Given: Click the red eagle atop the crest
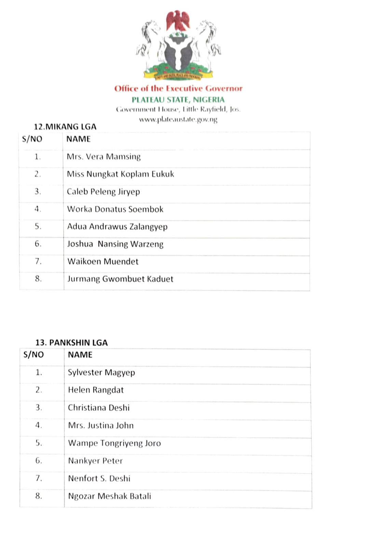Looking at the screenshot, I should point(178,21).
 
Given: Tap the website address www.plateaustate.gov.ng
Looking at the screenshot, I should point(178,120).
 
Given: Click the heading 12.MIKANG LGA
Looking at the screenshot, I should point(65,127).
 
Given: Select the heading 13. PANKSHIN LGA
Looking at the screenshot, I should point(71,343).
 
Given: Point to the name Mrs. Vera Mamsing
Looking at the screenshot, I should point(104,157).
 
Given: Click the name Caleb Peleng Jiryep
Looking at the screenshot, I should point(103,192).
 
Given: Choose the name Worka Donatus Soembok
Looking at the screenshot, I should point(115,209).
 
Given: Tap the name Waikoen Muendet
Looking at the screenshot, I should point(103,262).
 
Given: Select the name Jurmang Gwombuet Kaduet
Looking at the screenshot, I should point(120,279).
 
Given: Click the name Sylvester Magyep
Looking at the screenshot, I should point(101,373).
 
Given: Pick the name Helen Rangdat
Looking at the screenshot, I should point(96,390).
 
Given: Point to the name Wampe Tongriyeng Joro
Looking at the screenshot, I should point(114,443).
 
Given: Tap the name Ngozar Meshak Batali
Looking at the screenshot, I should point(109,496).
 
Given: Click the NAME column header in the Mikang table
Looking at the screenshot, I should point(78,139).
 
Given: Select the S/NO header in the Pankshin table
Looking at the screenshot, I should point(33,355).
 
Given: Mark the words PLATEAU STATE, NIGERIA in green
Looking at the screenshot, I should point(178,100).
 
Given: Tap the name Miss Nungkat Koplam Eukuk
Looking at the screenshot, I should point(120,174).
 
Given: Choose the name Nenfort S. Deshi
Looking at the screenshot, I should point(99,478).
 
